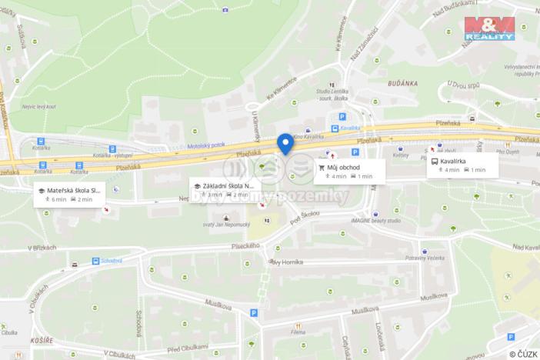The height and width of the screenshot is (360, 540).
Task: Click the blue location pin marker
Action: pos(285,143)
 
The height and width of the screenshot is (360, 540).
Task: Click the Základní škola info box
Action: pos(224,190)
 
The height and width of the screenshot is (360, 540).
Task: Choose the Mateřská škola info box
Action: pos(70,194)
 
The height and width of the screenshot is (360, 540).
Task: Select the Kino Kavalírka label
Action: pos(308,137)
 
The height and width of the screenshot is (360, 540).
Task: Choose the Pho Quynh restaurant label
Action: pos(508,152)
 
